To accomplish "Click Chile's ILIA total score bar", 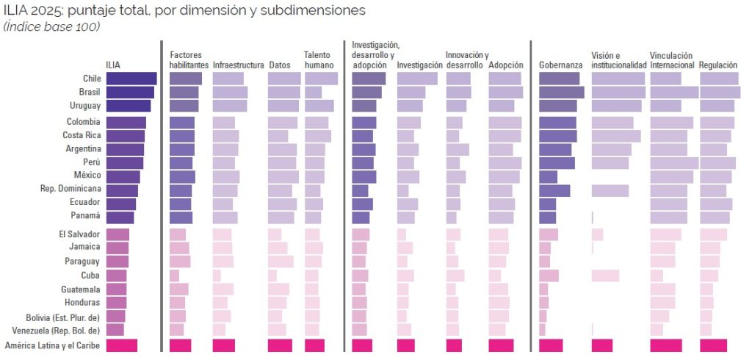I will (x=131, y=79).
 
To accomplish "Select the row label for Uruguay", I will (x=83, y=106).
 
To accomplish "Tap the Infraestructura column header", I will (x=238, y=65).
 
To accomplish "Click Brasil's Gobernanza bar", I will (x=561, y=93).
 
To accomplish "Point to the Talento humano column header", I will (x=319, y=60).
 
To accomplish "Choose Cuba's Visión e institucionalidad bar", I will (x=605, y=276).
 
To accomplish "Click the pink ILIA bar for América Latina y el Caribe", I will (x=122, y=345).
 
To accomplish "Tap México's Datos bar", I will (x=283, y=176).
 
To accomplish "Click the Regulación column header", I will (x=718, y=65).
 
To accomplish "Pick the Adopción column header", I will (x=505, y=65).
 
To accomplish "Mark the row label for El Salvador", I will (x=79, y=234).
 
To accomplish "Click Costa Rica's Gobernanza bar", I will (x=557, y=136).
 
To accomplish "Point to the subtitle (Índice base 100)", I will (x=51, y=27).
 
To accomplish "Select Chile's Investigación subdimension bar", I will (x=416, y=79).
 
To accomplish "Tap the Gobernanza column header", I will (x=560, y=65).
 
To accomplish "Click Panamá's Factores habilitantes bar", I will (x=181, y=217).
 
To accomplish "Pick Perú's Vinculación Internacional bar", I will (x=673, y=163).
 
